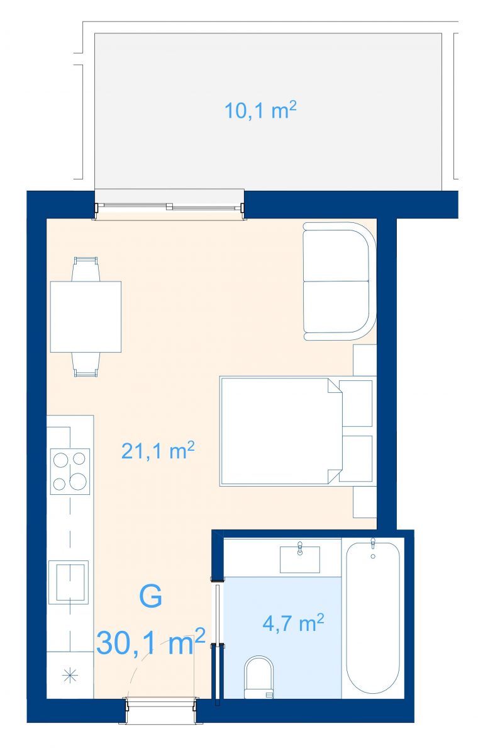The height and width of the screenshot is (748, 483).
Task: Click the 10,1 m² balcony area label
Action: pyautogui.click(x=260, y=110)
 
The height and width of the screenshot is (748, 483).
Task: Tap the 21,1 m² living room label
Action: pyautogui.click(x=158, y=450)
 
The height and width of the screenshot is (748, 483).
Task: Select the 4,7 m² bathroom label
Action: pyautogui.click(x=294, y=623)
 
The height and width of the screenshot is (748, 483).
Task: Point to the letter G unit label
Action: pyautogui.click(x=150, y=597)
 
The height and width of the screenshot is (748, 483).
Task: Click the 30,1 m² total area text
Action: pyautogui.click(x=151, y=642)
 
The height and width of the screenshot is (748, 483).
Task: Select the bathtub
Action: pyautogui.click(x=373, y=616)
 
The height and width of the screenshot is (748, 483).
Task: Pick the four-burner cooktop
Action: pyautogui.click(x=70, y=472)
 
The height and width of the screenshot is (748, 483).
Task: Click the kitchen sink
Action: pyautogui.click(x=68, y=582)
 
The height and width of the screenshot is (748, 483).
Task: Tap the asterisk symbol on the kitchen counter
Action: pyautogui.click(x=70, y=676)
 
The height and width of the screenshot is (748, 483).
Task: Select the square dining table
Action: pyautogui.click(x=86, y=317)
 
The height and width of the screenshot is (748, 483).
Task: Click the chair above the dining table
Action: pyautogui.click(x=86, y=269)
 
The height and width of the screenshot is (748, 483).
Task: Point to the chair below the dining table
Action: pyautogui.click(x=86, y=365)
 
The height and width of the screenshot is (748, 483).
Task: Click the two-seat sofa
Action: pyautogui.click(x=339, y=281)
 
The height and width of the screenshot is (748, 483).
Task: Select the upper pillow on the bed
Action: pyautogui.click(x=357, y=404)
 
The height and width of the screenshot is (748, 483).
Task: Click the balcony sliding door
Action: pyautogui.click(x=170, y=207)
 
